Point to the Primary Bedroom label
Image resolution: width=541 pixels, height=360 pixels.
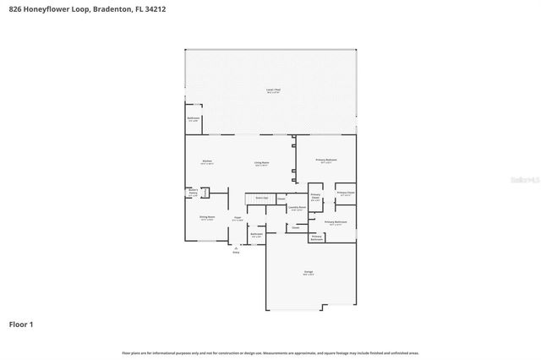pos(326,159)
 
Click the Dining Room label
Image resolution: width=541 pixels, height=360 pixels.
pos(207,217)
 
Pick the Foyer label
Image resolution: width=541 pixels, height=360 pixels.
pos(238,217)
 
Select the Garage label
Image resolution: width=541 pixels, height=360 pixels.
pos(309,271)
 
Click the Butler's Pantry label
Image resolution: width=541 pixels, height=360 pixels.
pos(193,192)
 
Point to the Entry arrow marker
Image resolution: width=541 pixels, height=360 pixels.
pos(236,248)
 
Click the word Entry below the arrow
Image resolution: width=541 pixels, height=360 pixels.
pos(236,253)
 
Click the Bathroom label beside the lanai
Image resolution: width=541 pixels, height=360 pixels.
pos(194,118)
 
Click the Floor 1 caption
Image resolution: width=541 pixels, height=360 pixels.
pos(22,324)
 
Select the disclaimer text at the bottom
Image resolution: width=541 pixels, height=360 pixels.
pos(270,352)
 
